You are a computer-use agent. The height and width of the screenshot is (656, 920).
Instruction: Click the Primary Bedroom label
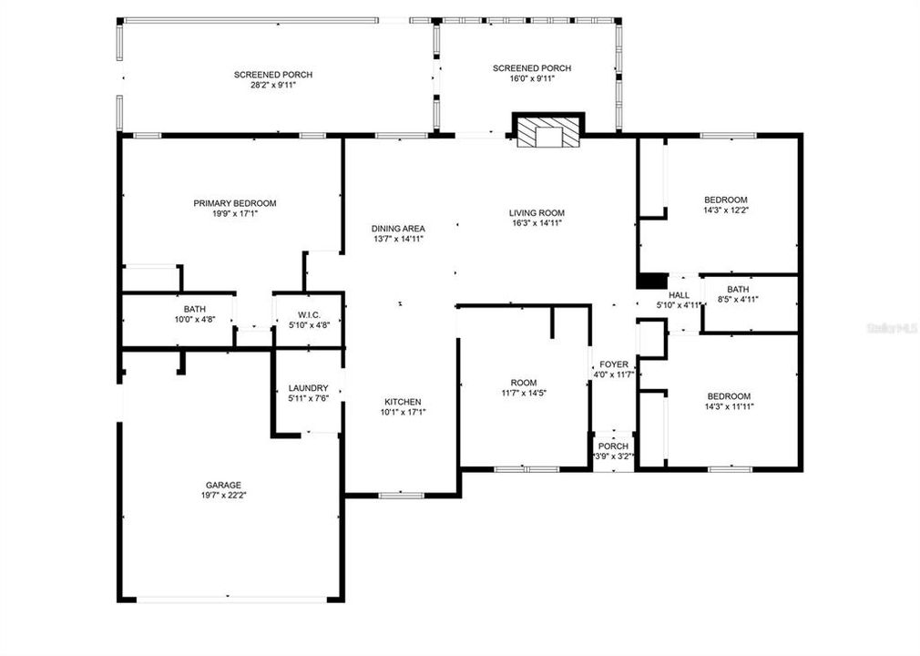(234, 203)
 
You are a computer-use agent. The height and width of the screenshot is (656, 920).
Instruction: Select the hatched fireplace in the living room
(548, 132)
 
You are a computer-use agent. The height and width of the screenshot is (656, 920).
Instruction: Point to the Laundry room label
(308, 388)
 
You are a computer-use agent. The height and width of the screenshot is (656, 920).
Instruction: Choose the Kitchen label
(402, 402)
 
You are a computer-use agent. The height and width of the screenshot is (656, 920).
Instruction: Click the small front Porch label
(613, 446)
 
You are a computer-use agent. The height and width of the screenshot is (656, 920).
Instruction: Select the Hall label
(679, 295)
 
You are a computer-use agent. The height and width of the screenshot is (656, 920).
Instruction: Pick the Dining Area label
(398, 229)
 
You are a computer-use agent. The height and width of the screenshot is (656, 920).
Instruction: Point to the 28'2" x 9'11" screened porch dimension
(274, 86)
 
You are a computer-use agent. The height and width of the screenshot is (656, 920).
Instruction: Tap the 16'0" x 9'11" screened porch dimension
(531, 79)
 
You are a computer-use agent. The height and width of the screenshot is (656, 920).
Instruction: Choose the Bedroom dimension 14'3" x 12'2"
(725, 210)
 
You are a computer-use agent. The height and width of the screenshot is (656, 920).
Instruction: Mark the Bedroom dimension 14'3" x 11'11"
(729, 406)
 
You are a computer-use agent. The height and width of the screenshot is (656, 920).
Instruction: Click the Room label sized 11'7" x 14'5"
(523, 383)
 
